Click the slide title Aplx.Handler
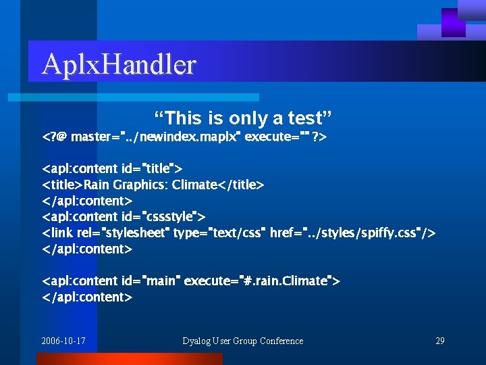tap(119, 65)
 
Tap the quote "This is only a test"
tap(242, 118)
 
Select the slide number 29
tap(439, 341)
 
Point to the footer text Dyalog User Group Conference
tap(242, 341)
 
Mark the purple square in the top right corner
tap(453, 22)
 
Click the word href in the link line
tap(281, 233)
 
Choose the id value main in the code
tap(159, 281)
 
